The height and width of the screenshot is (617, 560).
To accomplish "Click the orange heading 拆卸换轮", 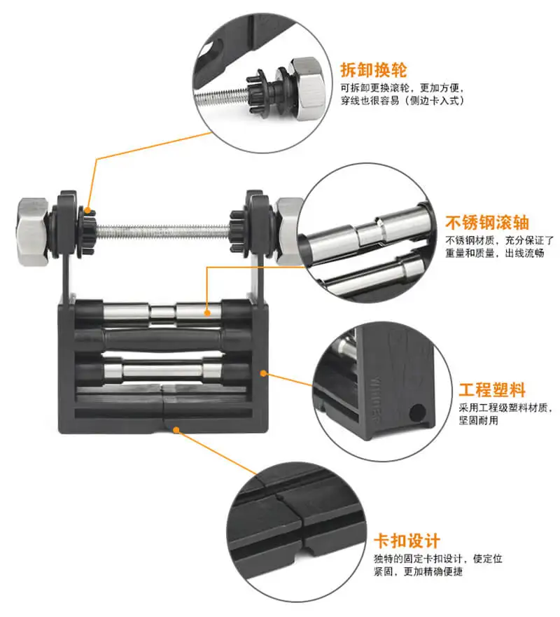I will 373,70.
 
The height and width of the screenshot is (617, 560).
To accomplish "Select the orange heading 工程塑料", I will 491,390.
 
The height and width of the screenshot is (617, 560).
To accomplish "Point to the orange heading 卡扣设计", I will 407,541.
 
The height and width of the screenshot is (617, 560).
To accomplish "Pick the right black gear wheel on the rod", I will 237,226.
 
